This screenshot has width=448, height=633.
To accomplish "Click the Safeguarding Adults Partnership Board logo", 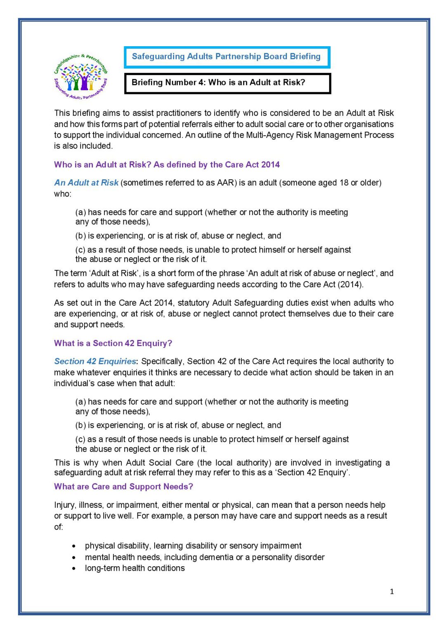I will click(x=81, y=77).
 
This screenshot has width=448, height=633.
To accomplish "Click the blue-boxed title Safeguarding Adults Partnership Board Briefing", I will click(x=226, y=57).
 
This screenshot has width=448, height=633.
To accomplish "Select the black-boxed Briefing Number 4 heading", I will click(x=219, y=82).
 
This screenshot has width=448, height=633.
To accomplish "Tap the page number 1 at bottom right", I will click(x=391, y=591).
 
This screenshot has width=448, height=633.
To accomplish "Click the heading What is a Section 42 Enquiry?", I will click(x=113, y=343).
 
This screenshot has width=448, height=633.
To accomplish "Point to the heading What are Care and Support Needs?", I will click(x=123, y=486).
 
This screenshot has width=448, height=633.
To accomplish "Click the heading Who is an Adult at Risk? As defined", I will click(x=167, y=164).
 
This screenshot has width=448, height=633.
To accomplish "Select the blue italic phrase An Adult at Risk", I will click(x=86, y=183).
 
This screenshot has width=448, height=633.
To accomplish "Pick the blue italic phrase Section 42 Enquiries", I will click(x=95, y=361).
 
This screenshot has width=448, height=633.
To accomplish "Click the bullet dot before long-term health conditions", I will click(x=74, y=568).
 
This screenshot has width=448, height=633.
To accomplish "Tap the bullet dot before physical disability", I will click(x=74, y=546).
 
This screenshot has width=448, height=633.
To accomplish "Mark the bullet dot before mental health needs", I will click(x=74, y=558).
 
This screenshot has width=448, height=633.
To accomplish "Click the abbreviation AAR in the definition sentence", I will click(x=225, y=183).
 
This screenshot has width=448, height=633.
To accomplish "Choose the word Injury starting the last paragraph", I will click(x=64, y=505).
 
